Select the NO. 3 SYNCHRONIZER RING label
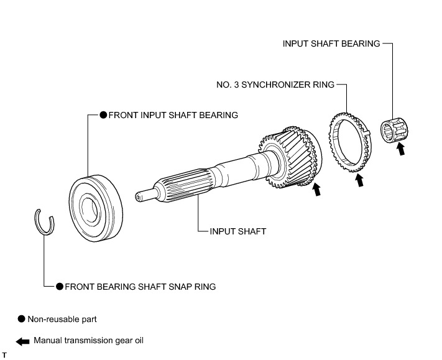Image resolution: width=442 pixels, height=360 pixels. tap(284, 84)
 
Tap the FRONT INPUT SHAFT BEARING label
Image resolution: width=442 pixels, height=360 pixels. tap(173, 115)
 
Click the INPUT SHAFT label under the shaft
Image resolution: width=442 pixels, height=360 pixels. tap(237, 231)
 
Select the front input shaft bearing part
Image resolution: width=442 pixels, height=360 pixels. tap(94, 205)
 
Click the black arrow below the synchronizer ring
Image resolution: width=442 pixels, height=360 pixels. tap(358, 181)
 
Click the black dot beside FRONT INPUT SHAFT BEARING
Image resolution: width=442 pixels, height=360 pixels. tap(103, 115)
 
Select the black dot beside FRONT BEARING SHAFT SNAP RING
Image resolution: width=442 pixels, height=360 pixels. tap(60, 287)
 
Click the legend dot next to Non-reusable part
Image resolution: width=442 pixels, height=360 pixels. tap(22, 318)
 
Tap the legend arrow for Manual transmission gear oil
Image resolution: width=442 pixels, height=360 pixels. tap(22, 341)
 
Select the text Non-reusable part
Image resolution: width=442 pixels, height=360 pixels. tap(62, 319)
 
